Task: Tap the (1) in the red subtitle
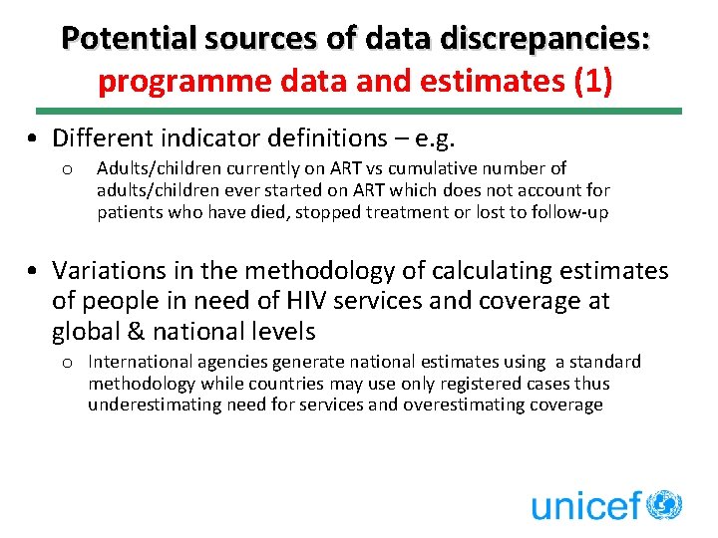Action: coord(594,80)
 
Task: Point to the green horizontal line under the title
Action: coord(359,111)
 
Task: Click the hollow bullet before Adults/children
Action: coord(65,169)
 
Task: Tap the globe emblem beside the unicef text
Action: coord(664,504)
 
